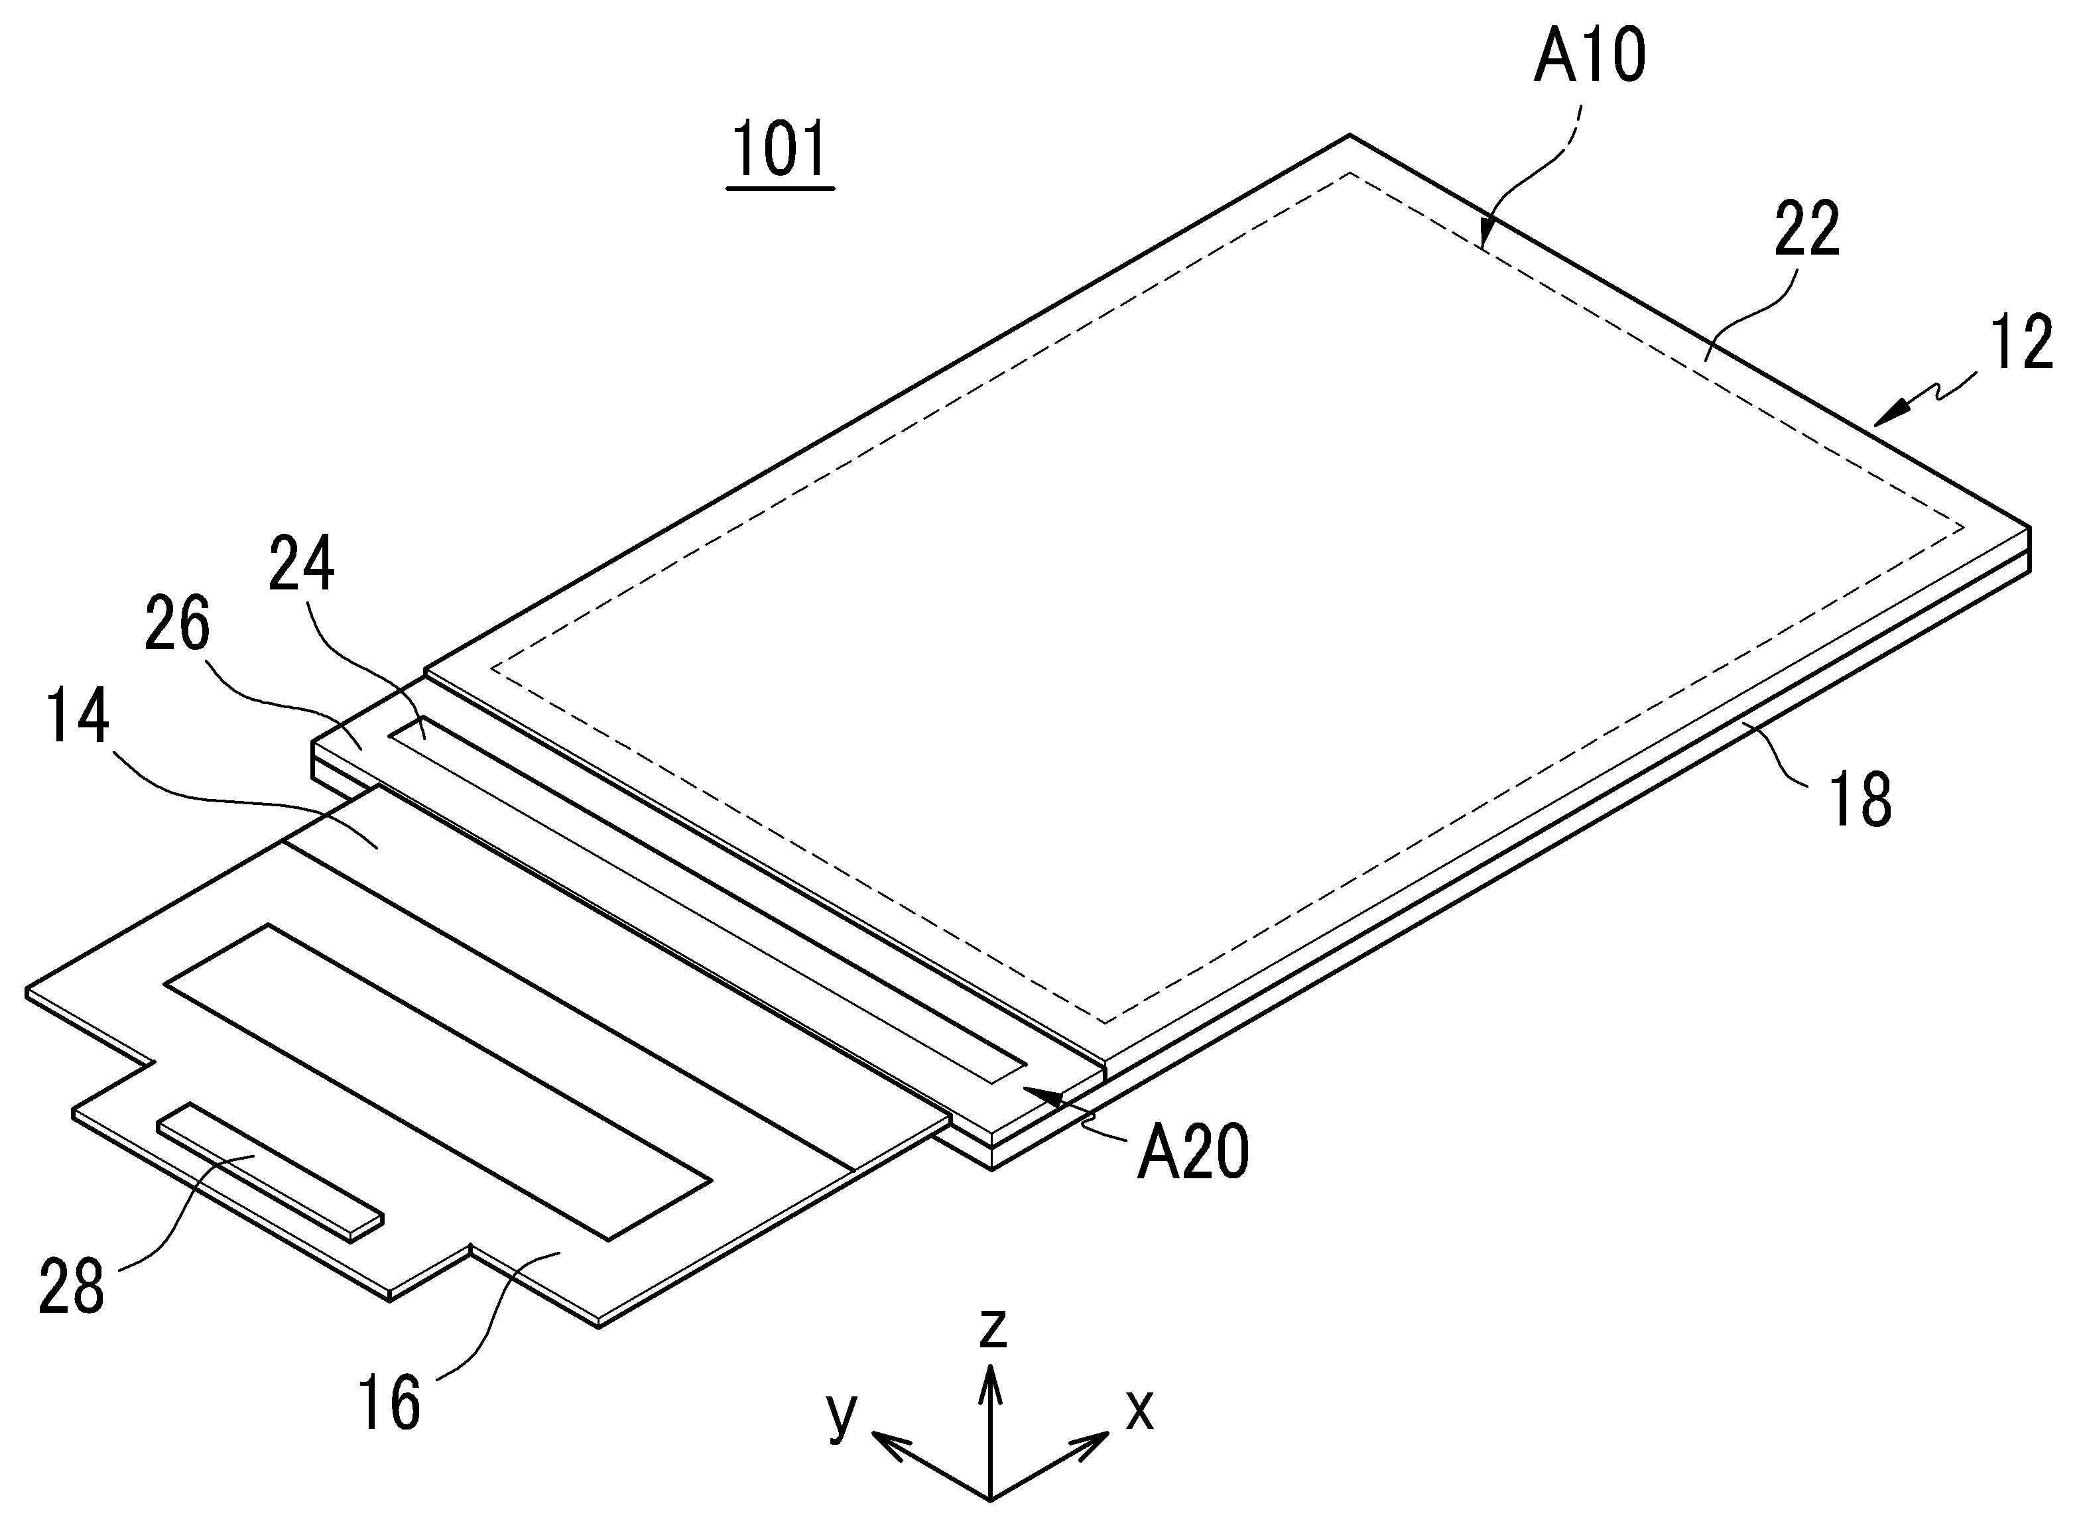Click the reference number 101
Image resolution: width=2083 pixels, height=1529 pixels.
point(781,152)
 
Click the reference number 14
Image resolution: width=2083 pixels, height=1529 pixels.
point(79,717)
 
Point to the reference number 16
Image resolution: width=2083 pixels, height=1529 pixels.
point(390,1402)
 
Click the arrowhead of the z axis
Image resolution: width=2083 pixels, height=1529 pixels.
point(991,1375)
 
